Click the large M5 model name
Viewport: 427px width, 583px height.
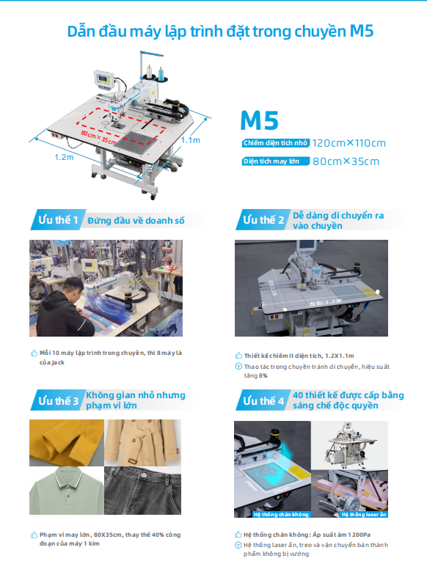click(259, 120)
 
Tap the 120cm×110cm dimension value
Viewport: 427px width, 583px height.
click(349, 143)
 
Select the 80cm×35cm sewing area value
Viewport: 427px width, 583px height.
click(346, 161)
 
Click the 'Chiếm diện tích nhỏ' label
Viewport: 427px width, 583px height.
click(276, 143)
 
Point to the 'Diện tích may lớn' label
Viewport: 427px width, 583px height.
click(275, 161)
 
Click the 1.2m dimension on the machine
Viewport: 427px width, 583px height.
click(64, 157)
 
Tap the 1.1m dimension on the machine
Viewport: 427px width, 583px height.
click(191, 140)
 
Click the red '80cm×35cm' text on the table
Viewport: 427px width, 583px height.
click(98, 138)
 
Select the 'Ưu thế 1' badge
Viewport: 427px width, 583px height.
click(58, 220)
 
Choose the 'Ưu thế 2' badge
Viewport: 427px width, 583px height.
click(263, 220)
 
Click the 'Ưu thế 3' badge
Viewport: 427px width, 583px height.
click(58, 400)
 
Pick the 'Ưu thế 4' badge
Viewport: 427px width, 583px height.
click(263, 400)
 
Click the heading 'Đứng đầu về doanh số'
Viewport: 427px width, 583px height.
click(136, 221)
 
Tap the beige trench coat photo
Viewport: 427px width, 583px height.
click(143, 443)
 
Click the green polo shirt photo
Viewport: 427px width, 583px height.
click(67, 491)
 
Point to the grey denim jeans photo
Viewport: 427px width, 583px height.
click(143, 491)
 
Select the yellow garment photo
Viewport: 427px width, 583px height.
click(67, 443)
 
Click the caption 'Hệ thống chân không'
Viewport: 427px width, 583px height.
click(281, 515)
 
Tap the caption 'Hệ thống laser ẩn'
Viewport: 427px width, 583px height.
click(364, 515)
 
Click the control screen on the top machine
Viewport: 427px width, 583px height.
click(103, 79)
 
